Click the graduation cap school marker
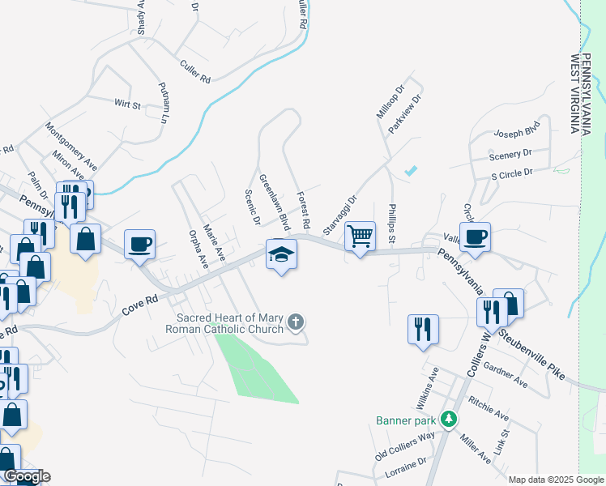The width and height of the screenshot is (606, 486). click(281, 254)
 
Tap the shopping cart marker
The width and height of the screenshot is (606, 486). click(360, 237)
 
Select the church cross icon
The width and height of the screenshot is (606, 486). click(296, 322)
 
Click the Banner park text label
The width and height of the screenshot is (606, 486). click(406, 420)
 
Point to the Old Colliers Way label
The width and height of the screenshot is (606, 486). click(405, 446)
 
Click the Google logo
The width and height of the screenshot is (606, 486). click(26, 476)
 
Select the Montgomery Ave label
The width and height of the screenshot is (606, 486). click(71, 145)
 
